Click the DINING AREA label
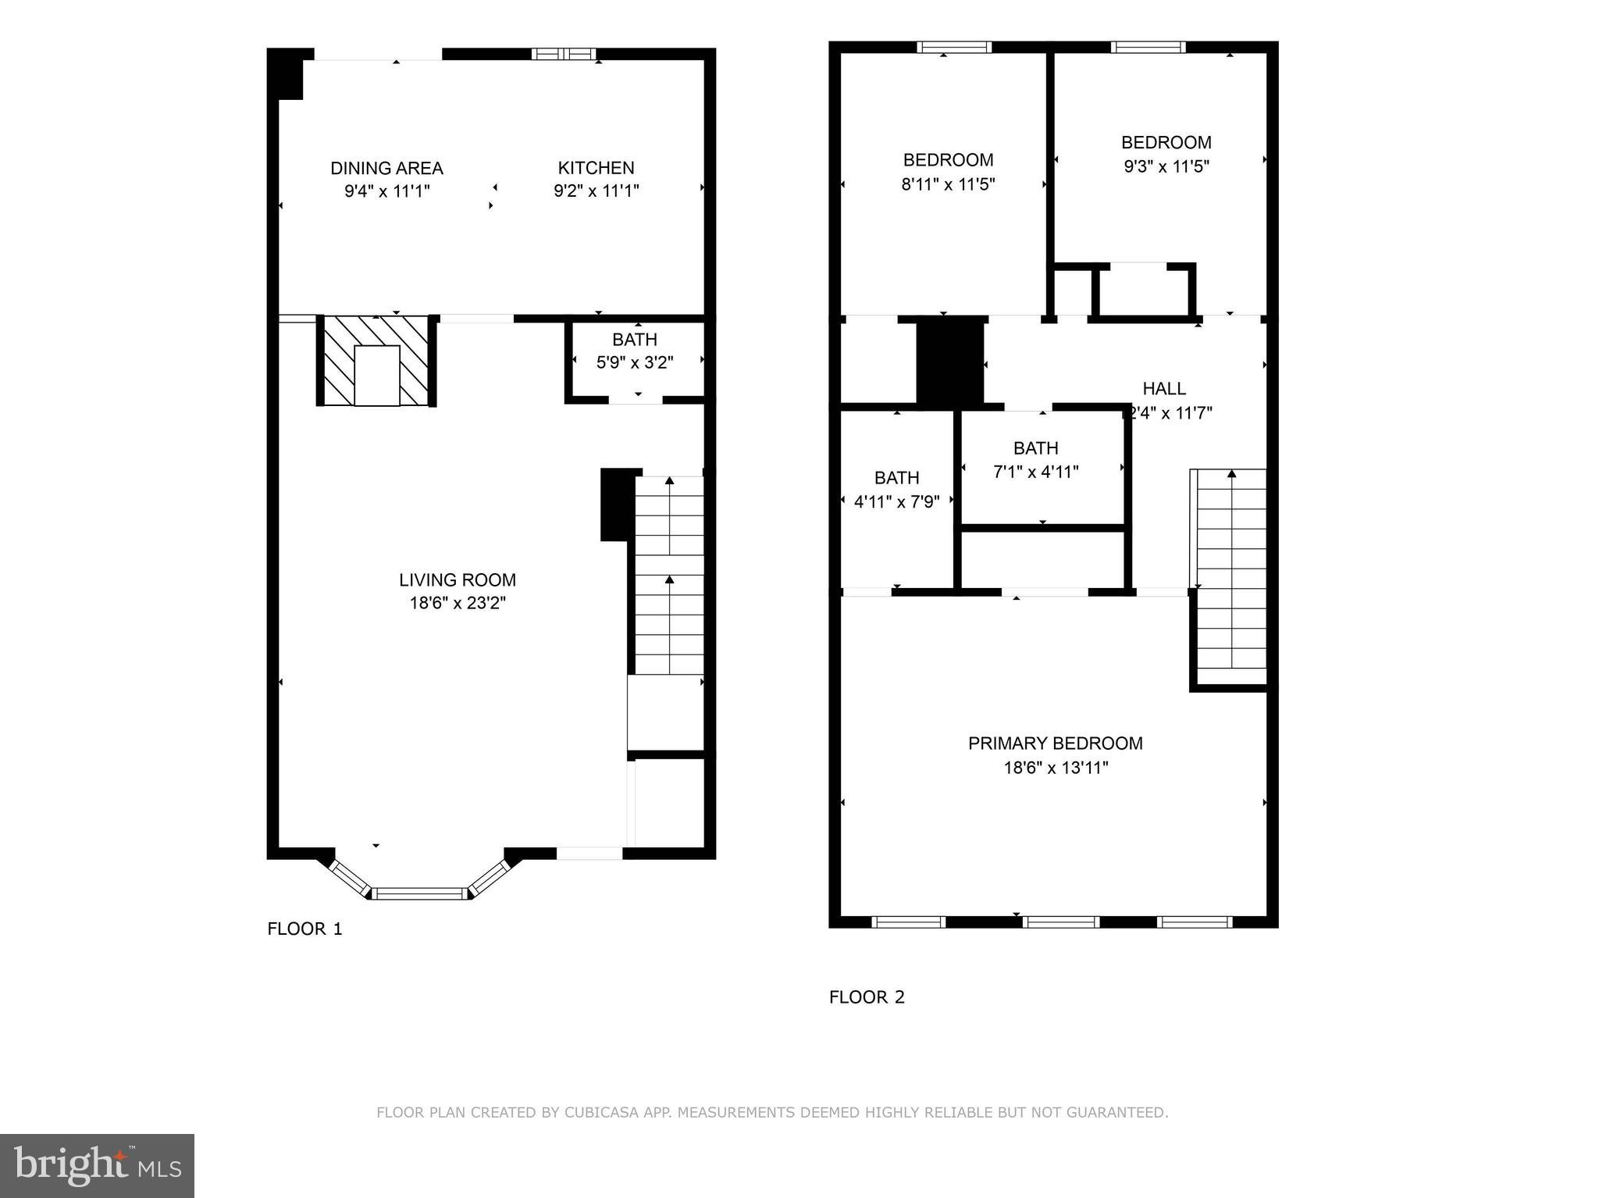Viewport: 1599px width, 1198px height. (386, 168)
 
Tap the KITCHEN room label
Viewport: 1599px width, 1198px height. (596, 168)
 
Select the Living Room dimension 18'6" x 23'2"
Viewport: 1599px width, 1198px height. (458, 603)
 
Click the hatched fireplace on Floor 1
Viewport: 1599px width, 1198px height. (376, 361)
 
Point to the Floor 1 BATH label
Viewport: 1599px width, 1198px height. (634, 340)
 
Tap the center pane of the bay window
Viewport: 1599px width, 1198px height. (420, 893)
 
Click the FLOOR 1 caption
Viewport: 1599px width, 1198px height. (304, 929)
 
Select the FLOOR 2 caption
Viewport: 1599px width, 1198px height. (867, 997)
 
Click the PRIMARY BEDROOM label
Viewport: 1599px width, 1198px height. (1055, 743)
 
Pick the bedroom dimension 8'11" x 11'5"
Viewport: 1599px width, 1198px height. (948, 184)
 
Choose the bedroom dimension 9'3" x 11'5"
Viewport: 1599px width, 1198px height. (1166, 166)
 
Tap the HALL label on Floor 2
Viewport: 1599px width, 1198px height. (1164, 388)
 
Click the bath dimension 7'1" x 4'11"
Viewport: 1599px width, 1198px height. (1036, 472)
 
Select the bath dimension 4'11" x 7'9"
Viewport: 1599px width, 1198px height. (896, 501)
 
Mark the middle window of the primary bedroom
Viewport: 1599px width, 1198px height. (1061, 922)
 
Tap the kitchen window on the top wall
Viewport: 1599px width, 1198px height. (564, 54)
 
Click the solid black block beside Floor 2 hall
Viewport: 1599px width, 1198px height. (949, 362)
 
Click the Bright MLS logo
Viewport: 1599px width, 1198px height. (97, 1165)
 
